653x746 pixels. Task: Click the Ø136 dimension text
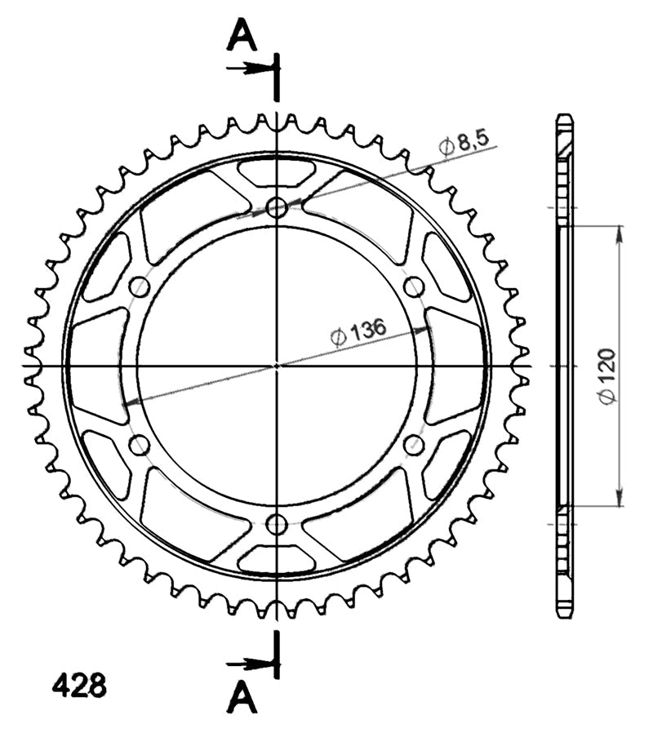tap(358, 331)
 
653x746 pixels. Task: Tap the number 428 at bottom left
tap(79, 686)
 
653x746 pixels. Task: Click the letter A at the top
tap(242, 36)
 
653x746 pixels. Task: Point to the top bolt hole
tap(277, 207)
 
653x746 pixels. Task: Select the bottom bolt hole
tap(277, 524)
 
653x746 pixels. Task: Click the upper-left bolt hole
tap(140, 286)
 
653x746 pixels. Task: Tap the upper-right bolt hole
tap(414, 286)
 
